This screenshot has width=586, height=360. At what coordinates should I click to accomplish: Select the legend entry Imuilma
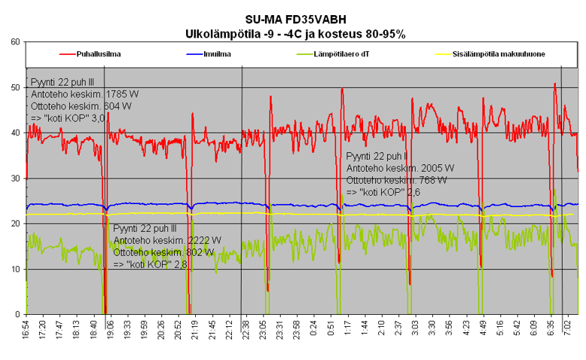(x=217, y=54)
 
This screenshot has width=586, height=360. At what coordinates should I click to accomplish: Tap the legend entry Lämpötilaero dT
(x=346, y=54)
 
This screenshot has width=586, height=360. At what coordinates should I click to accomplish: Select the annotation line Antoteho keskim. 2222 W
(x=167, y=240)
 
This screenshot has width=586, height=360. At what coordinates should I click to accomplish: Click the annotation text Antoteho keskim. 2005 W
(x=400, y=168)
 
